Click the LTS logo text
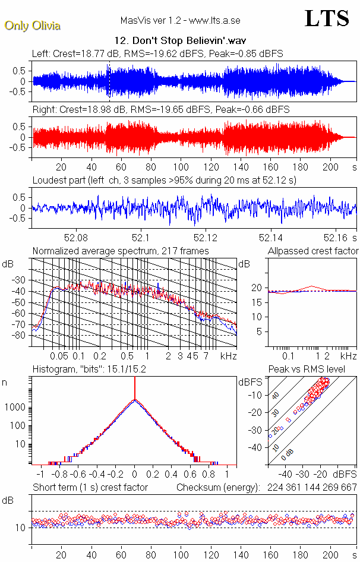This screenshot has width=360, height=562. pos(327,19)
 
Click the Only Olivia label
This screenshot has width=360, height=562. pos(32,26)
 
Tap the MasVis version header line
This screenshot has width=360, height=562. pos(180,21)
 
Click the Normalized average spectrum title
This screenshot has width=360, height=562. pos(121,251)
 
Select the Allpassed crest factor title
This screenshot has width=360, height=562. pos(313,251)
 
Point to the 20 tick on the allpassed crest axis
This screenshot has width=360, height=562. pos(257,288)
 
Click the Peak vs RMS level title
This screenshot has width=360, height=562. pos(314,369)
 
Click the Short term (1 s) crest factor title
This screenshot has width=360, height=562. pos(90,488)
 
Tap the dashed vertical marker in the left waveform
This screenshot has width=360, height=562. pos(109,81)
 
